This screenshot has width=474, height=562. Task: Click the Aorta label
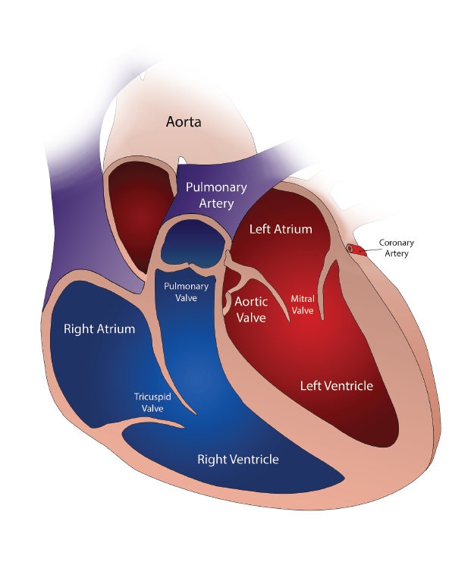point(184,122)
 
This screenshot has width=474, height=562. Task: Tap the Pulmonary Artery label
point(216,195)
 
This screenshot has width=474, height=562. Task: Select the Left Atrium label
point(281,229)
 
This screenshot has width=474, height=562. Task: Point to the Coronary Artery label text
point(396,248)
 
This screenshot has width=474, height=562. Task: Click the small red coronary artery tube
point(356,250)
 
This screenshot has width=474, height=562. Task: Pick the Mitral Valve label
point(303,304)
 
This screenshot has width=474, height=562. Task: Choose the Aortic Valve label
point(251,309)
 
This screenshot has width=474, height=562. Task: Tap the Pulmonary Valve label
point(186,292)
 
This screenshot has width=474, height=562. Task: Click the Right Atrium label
point(99,328)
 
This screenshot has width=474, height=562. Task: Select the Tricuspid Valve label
point(152,402)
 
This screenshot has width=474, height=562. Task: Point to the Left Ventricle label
point(337,385)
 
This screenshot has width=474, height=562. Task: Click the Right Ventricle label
point(238,459)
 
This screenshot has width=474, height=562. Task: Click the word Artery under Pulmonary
point(216,203)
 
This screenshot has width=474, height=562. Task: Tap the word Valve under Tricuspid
point(152,408)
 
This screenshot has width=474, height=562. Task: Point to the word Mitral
point(303,299)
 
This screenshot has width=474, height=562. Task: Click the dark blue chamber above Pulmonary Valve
point(193,243)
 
